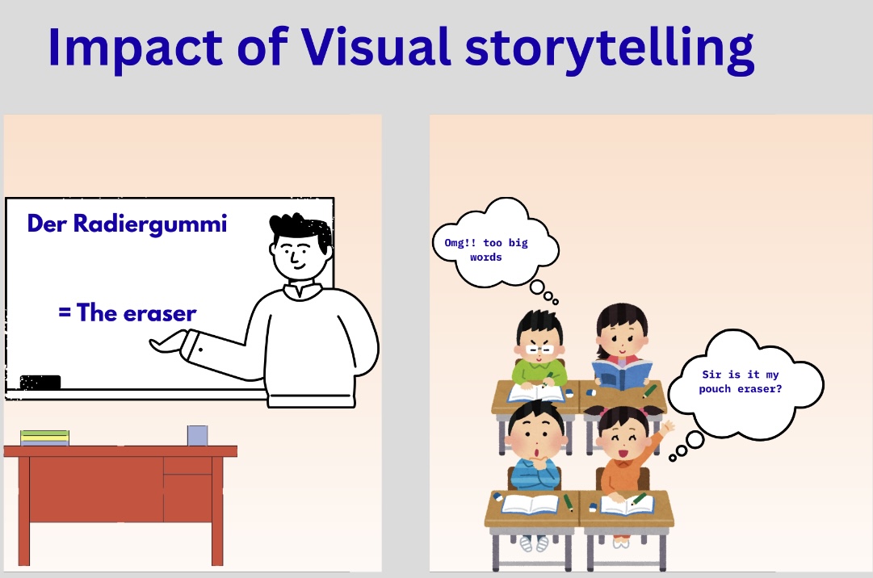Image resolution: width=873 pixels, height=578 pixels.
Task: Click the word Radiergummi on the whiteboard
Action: coord(150,224)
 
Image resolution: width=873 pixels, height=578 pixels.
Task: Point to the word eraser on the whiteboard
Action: coord(160,314)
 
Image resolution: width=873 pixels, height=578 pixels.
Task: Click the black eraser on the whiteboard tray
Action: coord(40,382)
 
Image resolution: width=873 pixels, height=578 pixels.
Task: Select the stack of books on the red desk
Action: coord(44,438)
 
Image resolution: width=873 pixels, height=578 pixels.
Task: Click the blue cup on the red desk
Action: coord(198,436)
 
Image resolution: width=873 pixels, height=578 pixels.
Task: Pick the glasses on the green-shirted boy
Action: coord(540,350)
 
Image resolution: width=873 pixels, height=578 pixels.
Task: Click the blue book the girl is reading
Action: coord(622,374)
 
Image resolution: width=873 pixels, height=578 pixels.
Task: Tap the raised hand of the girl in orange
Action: coord(666,427)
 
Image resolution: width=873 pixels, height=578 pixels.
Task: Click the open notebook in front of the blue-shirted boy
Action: coord(530,504)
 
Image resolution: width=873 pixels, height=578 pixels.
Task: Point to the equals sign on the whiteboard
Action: coord(65,312)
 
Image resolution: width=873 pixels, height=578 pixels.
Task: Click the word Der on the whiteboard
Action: coord(47,224)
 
